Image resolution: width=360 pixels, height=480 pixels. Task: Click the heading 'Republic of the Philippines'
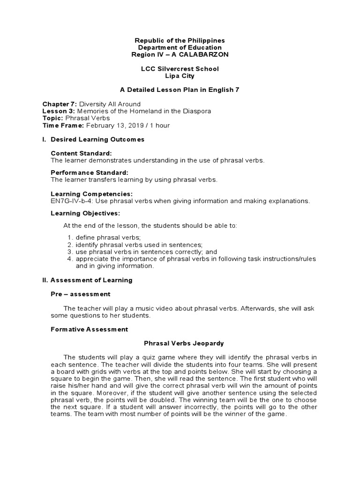tap(180, 41)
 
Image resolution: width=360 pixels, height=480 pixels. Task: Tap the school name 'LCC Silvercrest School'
tap(180, 69)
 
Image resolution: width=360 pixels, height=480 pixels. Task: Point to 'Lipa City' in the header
tap(180, 76)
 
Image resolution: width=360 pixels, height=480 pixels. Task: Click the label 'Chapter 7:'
tap(60, 104)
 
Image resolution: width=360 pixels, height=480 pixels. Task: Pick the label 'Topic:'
tap(53, 118)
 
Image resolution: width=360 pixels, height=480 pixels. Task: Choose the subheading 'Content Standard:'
tap(81, 153)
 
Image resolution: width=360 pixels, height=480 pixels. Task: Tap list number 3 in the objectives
tap(69, 252)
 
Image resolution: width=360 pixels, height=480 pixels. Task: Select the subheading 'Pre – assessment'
tap(80, 294)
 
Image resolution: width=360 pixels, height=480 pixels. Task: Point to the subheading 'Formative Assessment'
tap(89, 329)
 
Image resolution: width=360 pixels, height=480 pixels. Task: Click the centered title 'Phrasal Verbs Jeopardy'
tap(180, 343)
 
